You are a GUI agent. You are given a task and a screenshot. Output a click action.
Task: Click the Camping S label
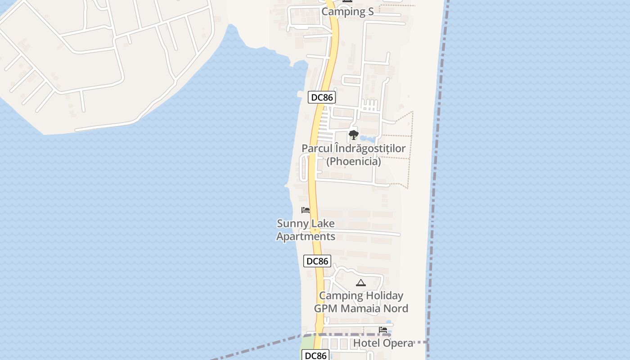[x=347, y=12]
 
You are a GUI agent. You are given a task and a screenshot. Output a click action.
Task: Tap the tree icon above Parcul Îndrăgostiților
[x=353, y=135]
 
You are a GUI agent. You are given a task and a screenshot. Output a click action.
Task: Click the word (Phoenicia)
[x=353, y=161]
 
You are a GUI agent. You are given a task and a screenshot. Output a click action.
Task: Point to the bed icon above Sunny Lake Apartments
[x=306, y=210]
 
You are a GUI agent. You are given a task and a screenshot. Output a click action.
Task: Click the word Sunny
[x=292, y=224]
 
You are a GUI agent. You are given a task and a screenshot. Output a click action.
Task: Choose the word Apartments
[x=306, y=236]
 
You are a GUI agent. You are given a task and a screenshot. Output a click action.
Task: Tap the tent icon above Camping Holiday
[x=360, y=283]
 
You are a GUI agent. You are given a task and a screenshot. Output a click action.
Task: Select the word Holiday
[x=384, y=296]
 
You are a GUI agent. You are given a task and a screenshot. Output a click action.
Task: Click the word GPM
[x=326, y=308]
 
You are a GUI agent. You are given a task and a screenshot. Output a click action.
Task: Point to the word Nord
[x=396, y=308]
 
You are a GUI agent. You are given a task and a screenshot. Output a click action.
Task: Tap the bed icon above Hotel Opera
[x=383, y=330]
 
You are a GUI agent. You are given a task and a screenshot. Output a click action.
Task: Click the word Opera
[x=398, y=343]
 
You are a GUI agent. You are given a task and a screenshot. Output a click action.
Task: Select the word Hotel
[x=367, y=343]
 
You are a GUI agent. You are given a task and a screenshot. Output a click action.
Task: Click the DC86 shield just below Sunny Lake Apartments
[x=317, y=261]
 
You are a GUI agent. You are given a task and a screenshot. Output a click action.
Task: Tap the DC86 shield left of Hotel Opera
[x=315, y=355]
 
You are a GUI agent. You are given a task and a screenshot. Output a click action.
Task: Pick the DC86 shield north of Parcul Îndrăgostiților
[x=322, y=97]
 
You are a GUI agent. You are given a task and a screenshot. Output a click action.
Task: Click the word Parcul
[x=317, y=148]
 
